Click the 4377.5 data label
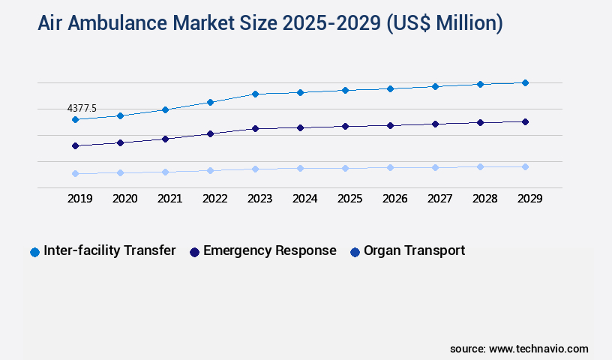coord(82,108)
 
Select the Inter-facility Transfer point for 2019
coord(75,119)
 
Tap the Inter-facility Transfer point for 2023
coord(255,94)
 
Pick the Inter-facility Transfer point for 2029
coord(525,82)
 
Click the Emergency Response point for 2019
coord(75,145)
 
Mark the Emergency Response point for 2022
coord(210,133)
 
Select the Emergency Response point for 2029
coord(525,121)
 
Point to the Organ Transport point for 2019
coord(75,173)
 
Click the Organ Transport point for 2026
coord(390,167)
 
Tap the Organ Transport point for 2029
coord(525,166)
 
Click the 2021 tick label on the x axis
coord(169,199)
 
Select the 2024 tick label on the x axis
coord(304,199)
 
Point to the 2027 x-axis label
coord(439,199)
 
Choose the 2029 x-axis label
coord(529,199)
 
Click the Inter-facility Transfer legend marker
coord(34,252)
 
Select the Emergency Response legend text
coord(269,250)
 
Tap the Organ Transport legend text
coord(414,250)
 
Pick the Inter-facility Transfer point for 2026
coord(390,88)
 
